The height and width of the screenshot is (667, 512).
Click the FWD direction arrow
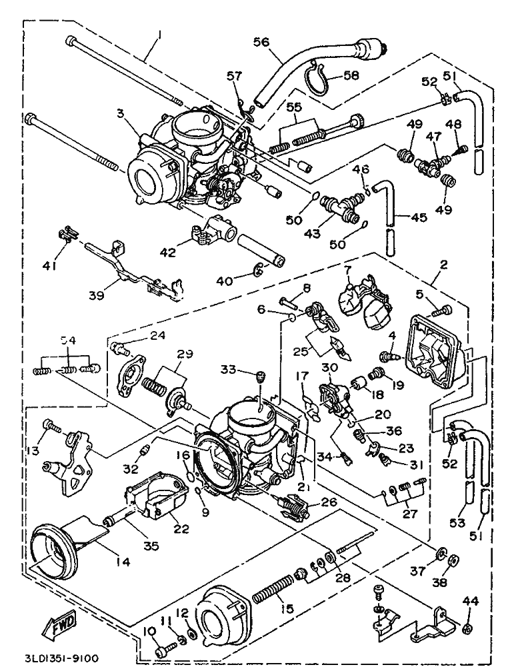coord(61,625)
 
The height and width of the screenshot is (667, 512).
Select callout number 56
coord(261,41)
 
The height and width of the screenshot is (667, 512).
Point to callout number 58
coord(351,75)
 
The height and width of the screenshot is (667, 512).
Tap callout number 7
coord(347,269)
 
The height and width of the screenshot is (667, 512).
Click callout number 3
coord(121,113)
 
